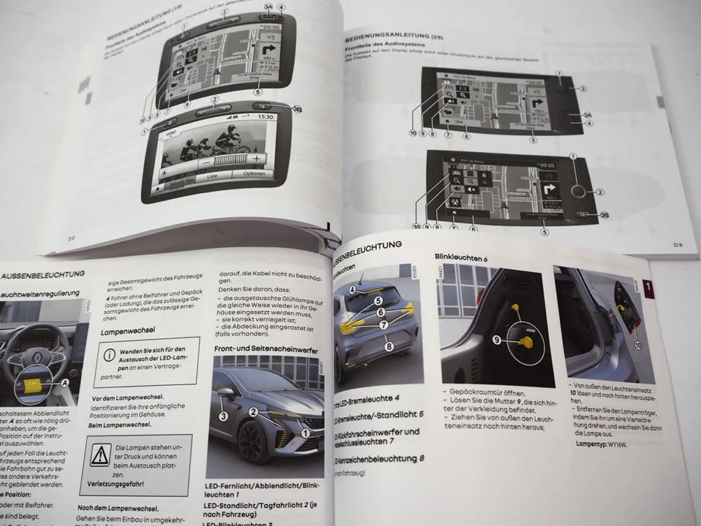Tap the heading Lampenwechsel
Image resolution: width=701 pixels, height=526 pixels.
[128, 331]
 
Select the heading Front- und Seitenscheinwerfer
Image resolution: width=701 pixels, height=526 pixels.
[265, 349]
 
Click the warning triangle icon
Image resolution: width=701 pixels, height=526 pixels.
[100, 454]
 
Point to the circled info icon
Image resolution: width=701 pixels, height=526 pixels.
[109, 355]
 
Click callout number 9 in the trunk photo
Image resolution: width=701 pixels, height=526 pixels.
[497, 340]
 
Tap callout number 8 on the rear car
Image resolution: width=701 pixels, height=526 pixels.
[389, 347]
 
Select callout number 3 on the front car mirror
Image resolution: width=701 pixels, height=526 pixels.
[223, 416]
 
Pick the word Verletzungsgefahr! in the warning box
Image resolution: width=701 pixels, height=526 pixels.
[115, 483]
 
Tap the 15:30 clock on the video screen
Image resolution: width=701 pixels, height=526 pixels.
[265, 116]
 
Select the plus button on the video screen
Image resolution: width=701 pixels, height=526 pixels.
[257, 159]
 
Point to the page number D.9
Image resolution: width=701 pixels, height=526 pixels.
[678, 244]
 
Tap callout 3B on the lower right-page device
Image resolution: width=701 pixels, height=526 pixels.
[604, 216]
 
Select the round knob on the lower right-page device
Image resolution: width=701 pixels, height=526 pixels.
[578, 191]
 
